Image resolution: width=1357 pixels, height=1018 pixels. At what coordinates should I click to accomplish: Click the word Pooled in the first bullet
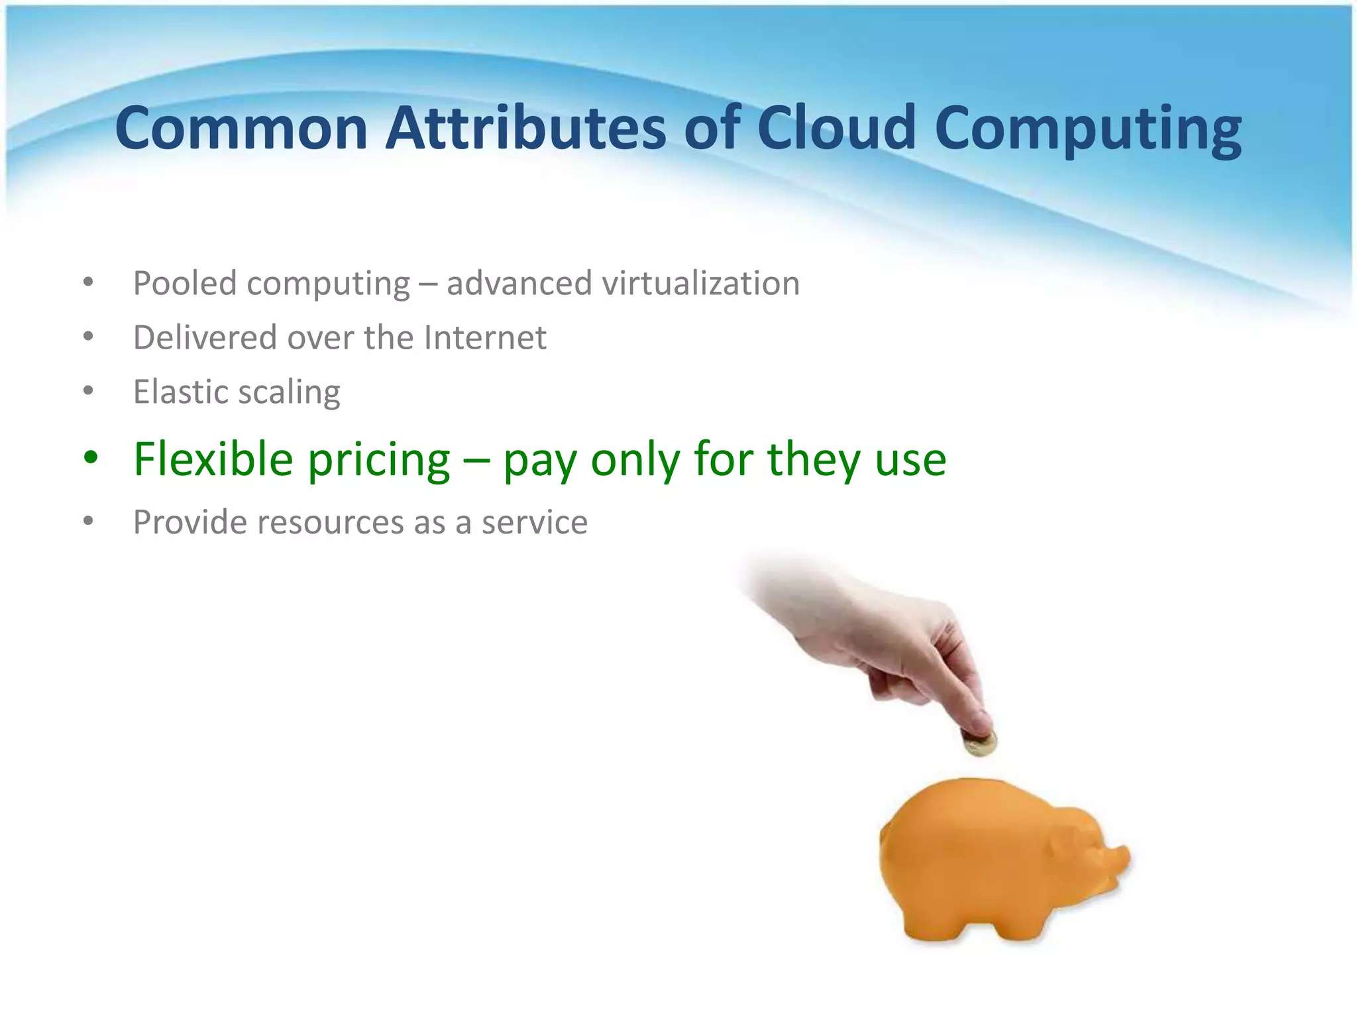185,284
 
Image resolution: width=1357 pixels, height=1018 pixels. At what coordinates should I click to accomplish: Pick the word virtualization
700,284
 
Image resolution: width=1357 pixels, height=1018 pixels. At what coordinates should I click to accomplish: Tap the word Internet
485,337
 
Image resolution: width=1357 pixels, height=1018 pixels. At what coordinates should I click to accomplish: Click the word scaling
289,393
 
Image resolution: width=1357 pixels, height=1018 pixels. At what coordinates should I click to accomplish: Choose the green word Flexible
213,459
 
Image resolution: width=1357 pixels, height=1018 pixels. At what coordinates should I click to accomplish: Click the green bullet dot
91,457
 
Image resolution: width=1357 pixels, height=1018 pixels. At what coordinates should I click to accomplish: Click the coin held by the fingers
980,744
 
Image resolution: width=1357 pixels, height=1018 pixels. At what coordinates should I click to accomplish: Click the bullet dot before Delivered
89,337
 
